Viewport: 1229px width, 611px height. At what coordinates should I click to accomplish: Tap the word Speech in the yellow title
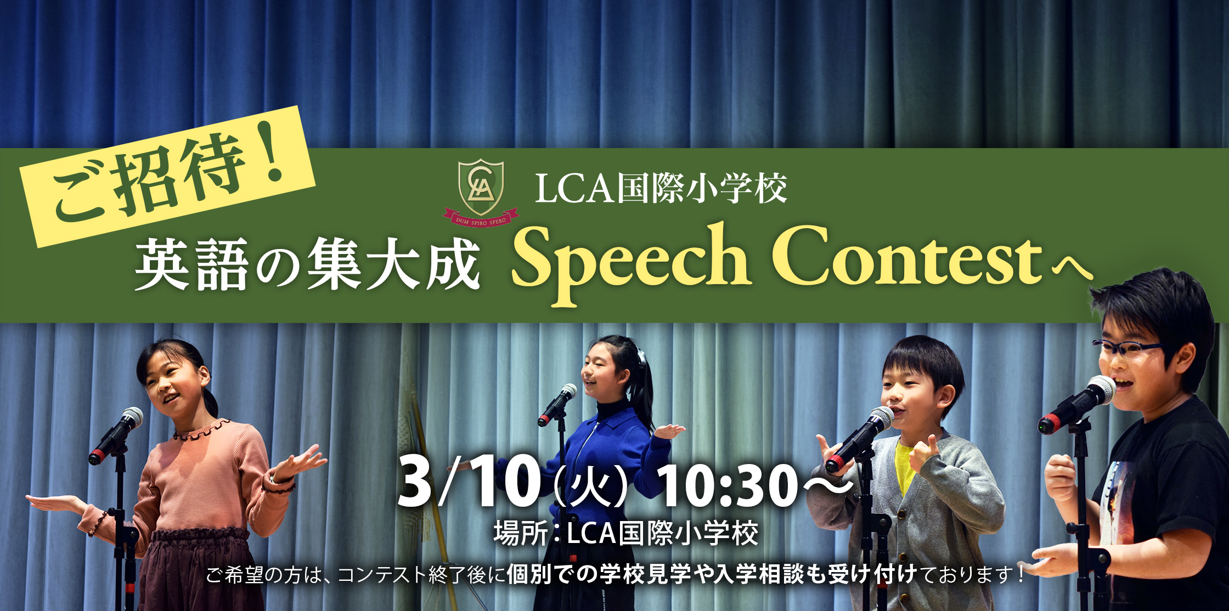click(x=631, y=263)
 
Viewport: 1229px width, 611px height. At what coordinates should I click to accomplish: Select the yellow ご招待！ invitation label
click(x=168, y=176)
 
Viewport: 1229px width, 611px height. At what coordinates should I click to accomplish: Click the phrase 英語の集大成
click(x=308, y=265)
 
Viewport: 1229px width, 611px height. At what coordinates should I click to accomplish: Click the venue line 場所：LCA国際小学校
click(x=626, y=533)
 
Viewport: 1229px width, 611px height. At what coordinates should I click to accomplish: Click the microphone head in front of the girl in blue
click(x=568, y=392)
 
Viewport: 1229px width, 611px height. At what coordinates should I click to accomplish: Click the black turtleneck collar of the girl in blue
click(x=611, y=411)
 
